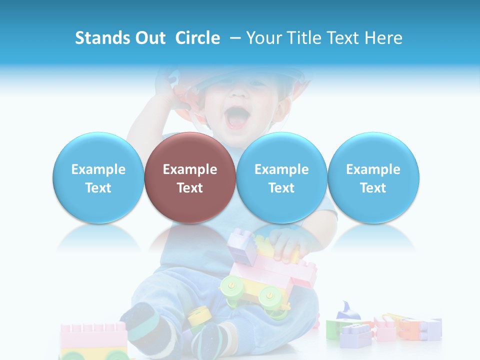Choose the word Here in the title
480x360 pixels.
click(x=382, y=38)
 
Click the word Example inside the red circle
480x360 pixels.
click(x=190, y=169)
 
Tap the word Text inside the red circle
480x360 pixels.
click(x=190, y=188)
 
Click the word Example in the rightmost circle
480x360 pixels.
click(x=373, y=169)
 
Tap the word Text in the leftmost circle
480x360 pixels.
click(x=98, y=188)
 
